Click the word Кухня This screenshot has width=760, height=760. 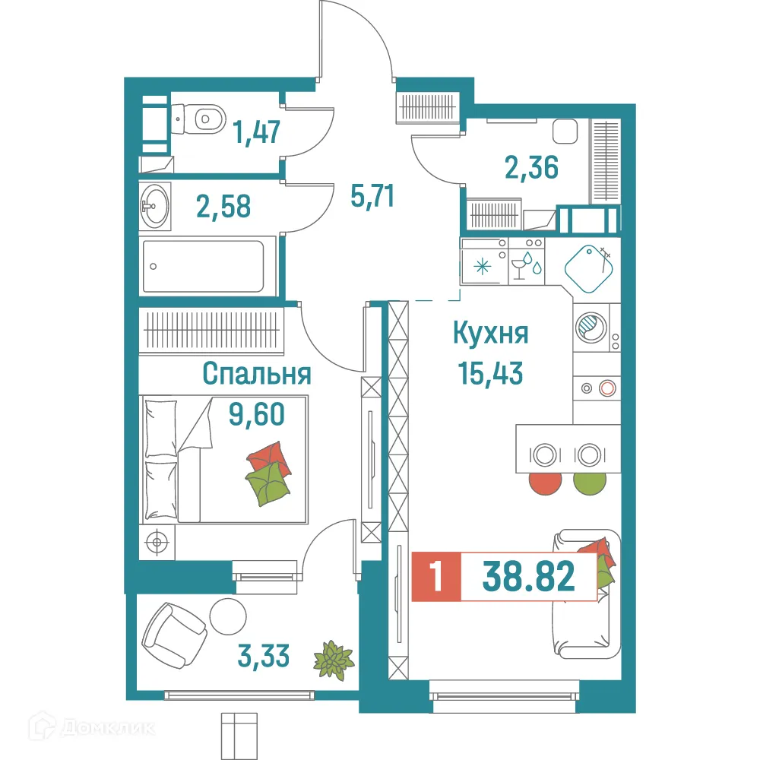point(490,334)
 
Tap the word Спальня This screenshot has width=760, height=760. point(257,374)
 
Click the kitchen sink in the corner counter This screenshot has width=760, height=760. point(588,267)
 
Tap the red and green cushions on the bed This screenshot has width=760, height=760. point(269,477)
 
